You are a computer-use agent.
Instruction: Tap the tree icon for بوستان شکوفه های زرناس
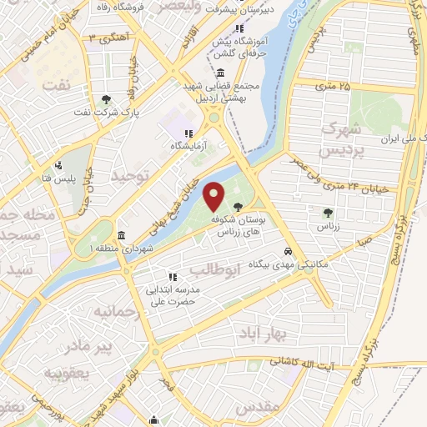(239, 206)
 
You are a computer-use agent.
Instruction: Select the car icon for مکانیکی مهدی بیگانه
(288, 250)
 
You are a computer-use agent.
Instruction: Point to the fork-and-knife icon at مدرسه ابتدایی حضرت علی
(173, 277)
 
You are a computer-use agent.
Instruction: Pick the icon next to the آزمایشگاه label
(188, 133)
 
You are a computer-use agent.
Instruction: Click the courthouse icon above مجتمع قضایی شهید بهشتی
(220, 73)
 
